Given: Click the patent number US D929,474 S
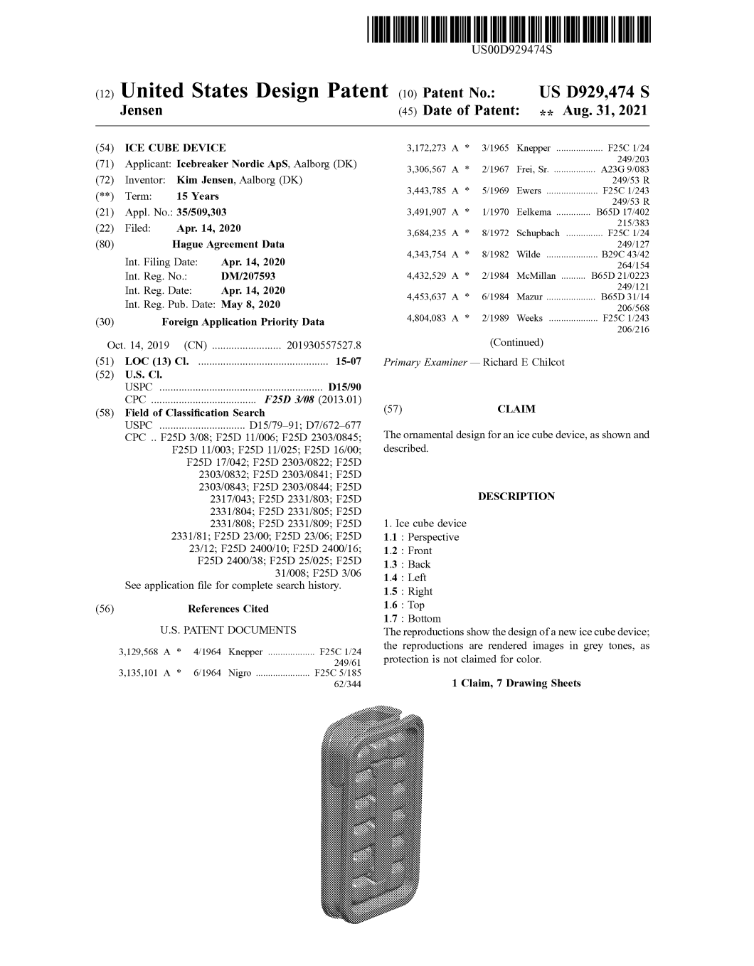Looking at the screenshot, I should pos(594,92).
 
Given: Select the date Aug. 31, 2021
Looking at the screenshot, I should pos(605,111).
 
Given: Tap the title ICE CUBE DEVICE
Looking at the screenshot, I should pos(175,148).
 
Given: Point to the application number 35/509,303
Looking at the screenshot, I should pos(201,212).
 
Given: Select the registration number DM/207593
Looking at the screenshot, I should pos(248,276).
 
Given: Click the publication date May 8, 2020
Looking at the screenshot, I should pos(250,304).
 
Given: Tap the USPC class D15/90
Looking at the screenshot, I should pos(345,387).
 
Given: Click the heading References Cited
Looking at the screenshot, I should pos(228,609).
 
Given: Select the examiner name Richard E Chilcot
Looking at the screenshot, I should pos(523,362).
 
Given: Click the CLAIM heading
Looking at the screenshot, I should pos(516,409).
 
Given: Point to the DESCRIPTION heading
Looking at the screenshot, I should pos(516,497).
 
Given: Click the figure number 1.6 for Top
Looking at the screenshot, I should pos(390,605).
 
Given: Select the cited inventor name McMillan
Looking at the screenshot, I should pos(536,276).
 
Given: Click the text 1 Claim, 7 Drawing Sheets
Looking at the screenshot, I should pos(516,684).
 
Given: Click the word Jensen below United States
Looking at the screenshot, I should pos(143,111).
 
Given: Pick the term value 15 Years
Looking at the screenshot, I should pos(198,196).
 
